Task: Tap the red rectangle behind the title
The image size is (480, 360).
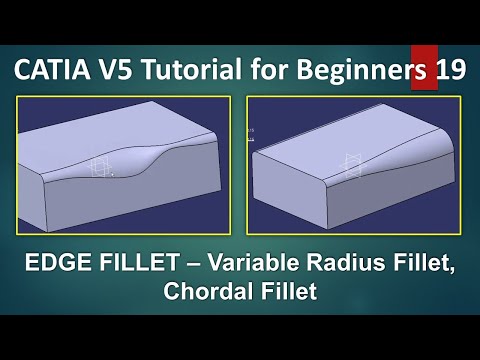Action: pyautogui.click(x=422, y=63)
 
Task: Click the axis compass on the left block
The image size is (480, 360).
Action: pyautogui.click(x=100, y=169)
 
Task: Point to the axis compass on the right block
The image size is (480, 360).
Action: pyautogui.click(x=353, y=162)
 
